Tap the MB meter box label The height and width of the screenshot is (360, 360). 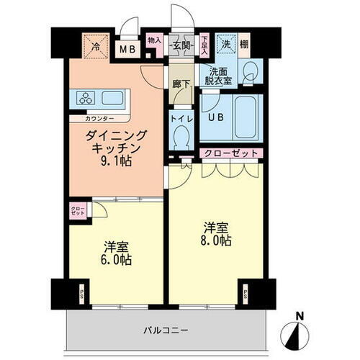[x=127, y=50]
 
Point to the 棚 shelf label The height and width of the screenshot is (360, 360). [x=244, y=44]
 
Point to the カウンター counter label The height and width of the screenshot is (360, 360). [x=99, y=117]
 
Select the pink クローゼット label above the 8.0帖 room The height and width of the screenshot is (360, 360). [x=229, y=153]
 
